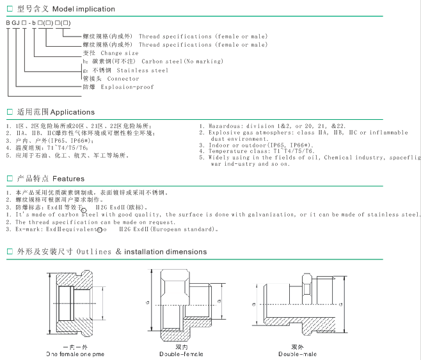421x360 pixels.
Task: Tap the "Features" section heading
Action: click(68, 179)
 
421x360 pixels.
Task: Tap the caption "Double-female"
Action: click(178, 354)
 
